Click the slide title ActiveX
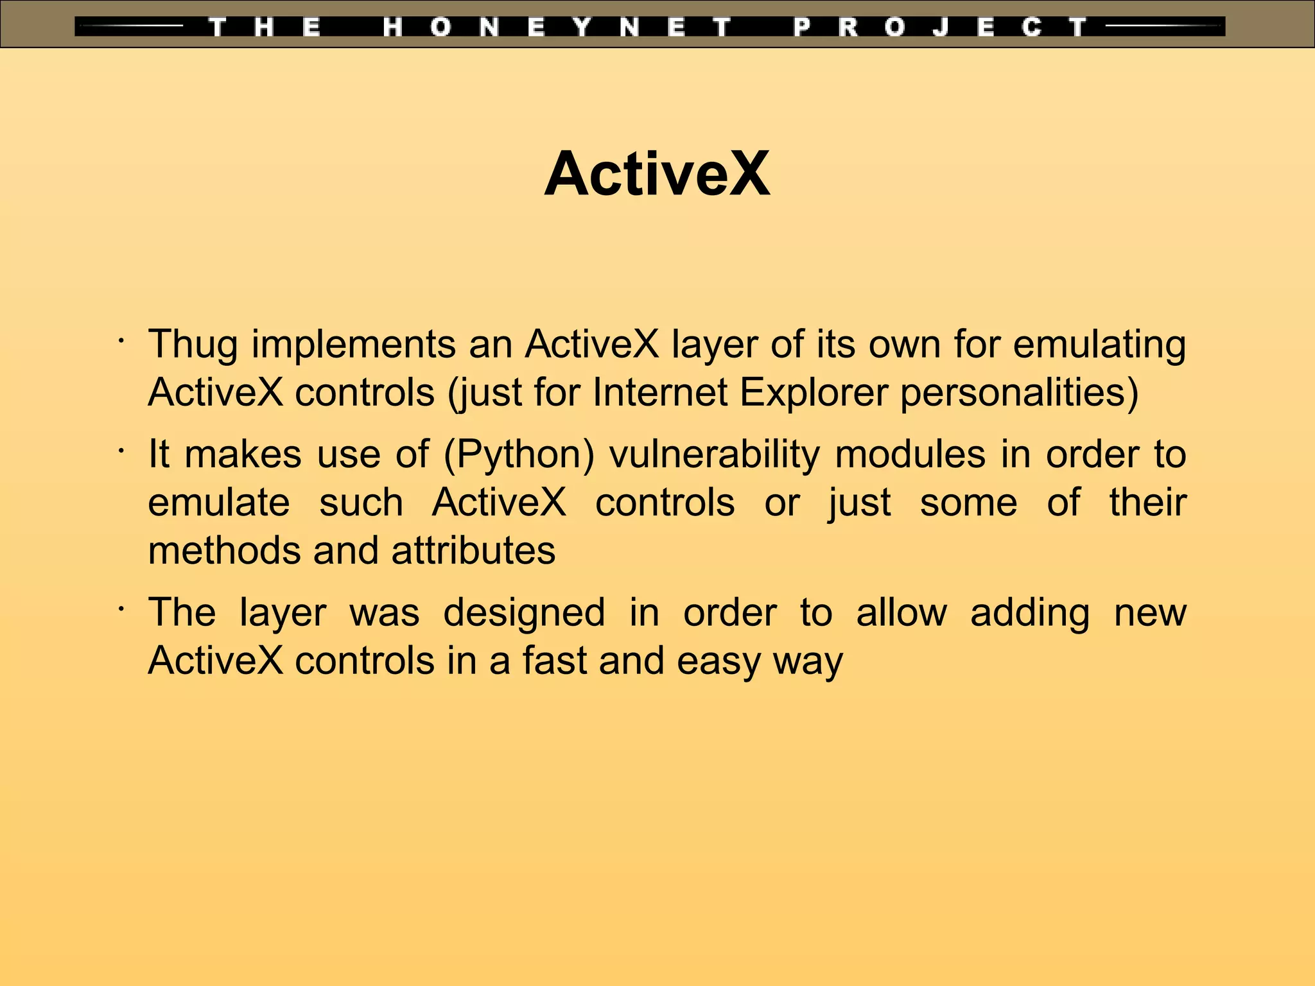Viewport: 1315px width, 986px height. [x=657, y=174]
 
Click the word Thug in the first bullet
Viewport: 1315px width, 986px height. [x=193, y=345]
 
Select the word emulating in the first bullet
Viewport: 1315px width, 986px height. [x=1099, y=345]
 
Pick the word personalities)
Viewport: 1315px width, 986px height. [x=1019, y=392]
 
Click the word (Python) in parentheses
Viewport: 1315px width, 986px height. [x=519, y=455]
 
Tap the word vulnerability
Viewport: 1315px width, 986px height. [x=715, y=455]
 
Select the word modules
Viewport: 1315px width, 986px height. [x=910, y=455]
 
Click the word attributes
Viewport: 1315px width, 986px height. [x=473, y=551]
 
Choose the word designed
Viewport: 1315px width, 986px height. [x=524, y=612]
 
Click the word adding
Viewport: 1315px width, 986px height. [x=1030, y=612]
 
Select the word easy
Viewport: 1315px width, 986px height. [x=718, y=661]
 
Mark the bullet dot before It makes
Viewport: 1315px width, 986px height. [x=120, y=451]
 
